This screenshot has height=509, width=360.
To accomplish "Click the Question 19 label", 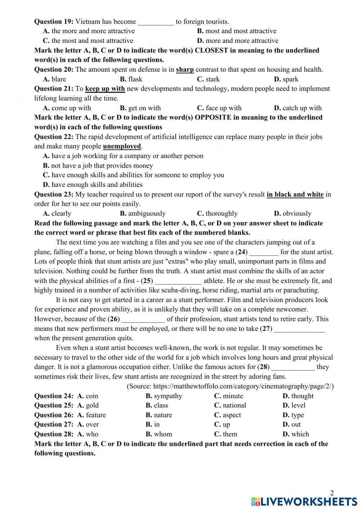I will (x=54, y=22).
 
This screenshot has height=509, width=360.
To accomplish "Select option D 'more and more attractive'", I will (x=238, y=41).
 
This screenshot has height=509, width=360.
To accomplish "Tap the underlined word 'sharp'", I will (x=185, y=70).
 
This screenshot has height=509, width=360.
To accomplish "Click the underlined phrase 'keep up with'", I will (x=105, y=89).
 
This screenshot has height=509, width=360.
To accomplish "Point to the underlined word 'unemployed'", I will (x=122, y=146).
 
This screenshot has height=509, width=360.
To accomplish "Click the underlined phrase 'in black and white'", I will (x=295, y=195).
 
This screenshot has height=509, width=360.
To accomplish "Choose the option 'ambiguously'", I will (x=143, y=214).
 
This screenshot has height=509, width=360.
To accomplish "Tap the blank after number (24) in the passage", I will (x=264, y=252).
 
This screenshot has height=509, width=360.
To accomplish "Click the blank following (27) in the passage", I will (x=299, y=329).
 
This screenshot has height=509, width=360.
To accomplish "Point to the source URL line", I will (x=230, y=386).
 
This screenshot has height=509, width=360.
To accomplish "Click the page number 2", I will (x=332, y=493).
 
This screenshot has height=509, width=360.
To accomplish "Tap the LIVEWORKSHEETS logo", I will (x=304, y=501).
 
